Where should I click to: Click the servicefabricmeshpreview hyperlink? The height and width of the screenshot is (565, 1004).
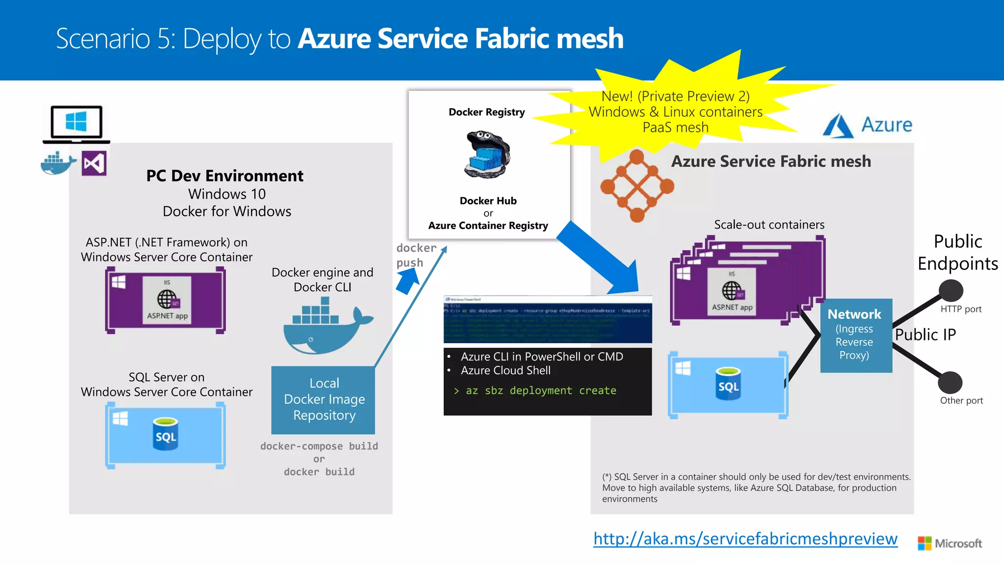point(745,539)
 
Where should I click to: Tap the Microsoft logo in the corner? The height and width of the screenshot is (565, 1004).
point(949,543)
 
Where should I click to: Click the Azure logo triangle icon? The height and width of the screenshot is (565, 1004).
point(838,126)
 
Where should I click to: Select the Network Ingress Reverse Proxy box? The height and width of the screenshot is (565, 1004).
point(856,335)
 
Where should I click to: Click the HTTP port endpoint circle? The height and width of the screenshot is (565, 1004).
point(951,290)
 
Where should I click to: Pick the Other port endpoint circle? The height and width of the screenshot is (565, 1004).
point(950,383)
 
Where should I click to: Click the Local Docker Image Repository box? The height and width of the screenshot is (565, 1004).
point(324,400)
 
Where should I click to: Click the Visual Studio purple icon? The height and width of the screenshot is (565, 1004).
point(94,164)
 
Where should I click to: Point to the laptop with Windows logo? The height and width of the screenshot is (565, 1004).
point(76,124)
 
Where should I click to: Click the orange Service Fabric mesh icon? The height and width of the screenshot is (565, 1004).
point(637,186)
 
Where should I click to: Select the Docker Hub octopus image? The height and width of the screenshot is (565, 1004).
point(487,154)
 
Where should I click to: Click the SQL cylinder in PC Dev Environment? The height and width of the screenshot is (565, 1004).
point(165,434)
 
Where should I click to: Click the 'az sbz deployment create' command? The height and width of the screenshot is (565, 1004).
point(540,391)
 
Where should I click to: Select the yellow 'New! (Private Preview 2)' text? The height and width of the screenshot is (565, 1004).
point(675,96)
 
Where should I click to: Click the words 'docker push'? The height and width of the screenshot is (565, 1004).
point(416,255)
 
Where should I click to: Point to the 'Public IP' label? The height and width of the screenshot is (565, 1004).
point(925,334)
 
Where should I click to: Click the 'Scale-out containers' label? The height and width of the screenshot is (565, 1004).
point(769,225)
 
